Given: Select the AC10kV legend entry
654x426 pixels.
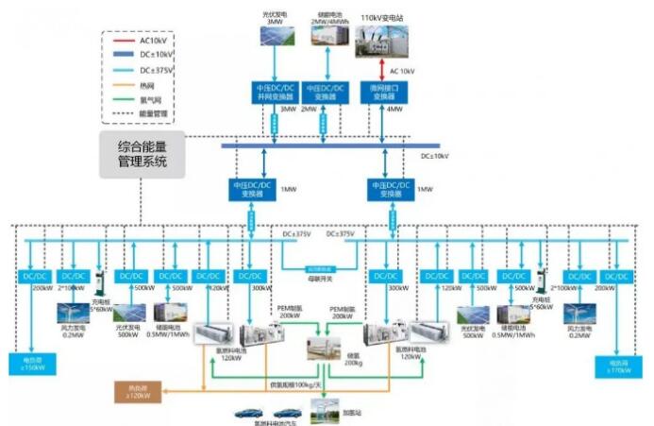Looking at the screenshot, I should click(x=139, y=41).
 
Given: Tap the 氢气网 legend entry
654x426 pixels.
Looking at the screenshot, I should click(x=139, y=97).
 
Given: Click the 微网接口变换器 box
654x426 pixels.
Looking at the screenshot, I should click(x=384, y=92).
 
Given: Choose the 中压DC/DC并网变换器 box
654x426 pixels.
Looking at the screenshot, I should click(x=275, y=92).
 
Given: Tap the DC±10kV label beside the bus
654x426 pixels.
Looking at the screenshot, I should click(x=435, y=155).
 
